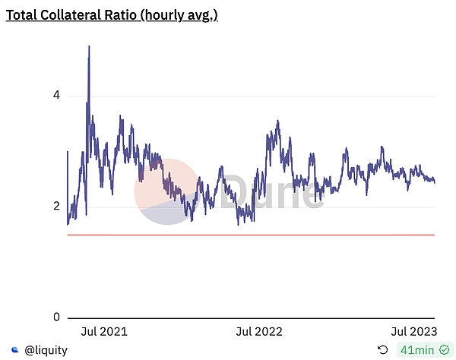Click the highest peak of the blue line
89,47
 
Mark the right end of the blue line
434,182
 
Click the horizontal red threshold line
251,235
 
